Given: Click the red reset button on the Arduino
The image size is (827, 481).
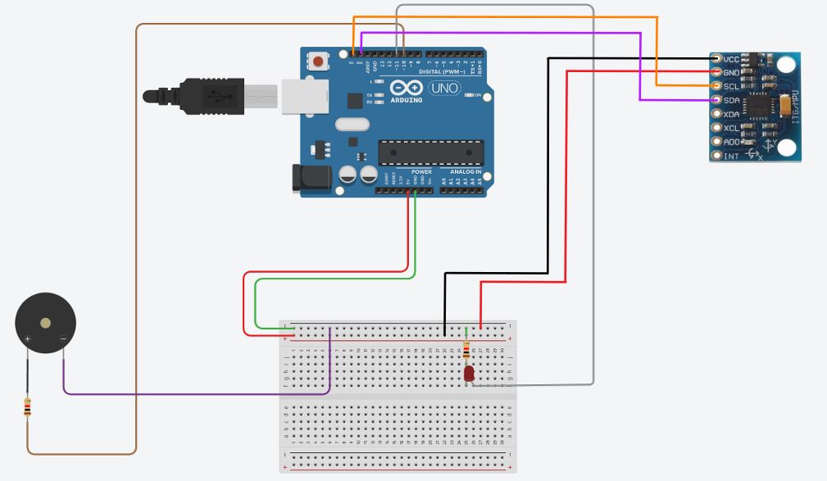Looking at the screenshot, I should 319,61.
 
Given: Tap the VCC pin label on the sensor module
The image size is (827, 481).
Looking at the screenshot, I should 731,60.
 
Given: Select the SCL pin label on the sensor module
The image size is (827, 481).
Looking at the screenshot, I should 731,87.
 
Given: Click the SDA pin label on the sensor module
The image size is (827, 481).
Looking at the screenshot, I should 731,101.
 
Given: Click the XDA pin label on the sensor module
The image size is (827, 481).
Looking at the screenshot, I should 731,115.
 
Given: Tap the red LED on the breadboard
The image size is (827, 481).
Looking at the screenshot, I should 469,374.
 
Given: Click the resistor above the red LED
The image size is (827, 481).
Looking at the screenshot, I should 466,352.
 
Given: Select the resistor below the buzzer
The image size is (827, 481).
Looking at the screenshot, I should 28,406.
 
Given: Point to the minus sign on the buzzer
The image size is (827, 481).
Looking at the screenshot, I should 63,338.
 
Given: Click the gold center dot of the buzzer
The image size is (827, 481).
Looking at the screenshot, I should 45,323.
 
